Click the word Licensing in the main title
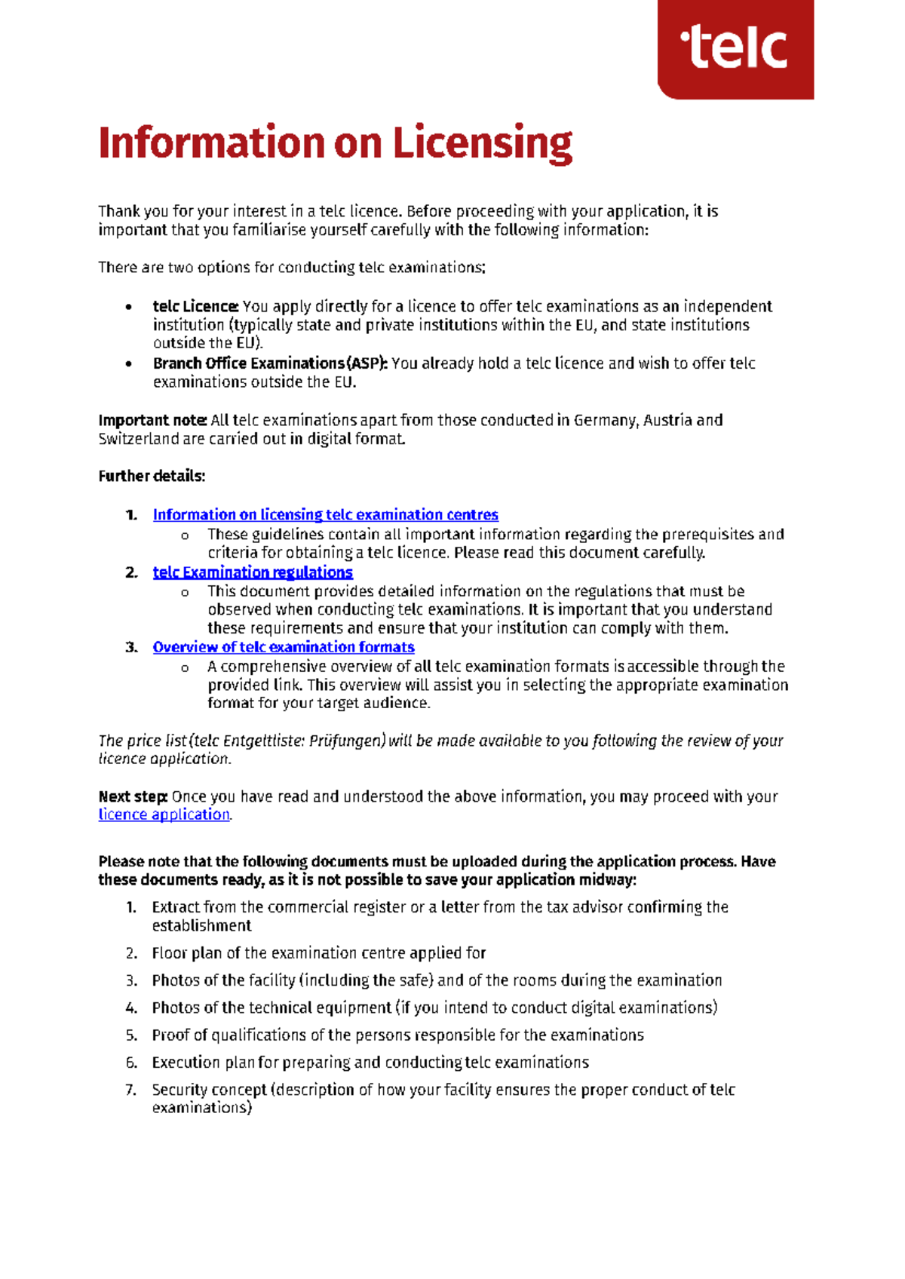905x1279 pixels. click(x=483, y=143)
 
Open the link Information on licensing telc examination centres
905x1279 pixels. click(x=325, y=515)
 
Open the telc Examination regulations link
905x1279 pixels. click(x=253, y=572)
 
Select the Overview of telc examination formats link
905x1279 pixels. click(x=284, y=647)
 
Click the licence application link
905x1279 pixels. click(x=164, y=814)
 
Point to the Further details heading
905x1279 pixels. click(x=152, y=476)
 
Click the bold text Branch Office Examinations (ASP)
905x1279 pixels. click(x=270, y=363)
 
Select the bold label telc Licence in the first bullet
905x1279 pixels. click(x=195, y=306)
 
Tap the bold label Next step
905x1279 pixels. click(x=133, y=796)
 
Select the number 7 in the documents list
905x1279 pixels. click(x=131, y=1090)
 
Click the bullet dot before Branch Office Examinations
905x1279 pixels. click(x=129, y=364)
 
